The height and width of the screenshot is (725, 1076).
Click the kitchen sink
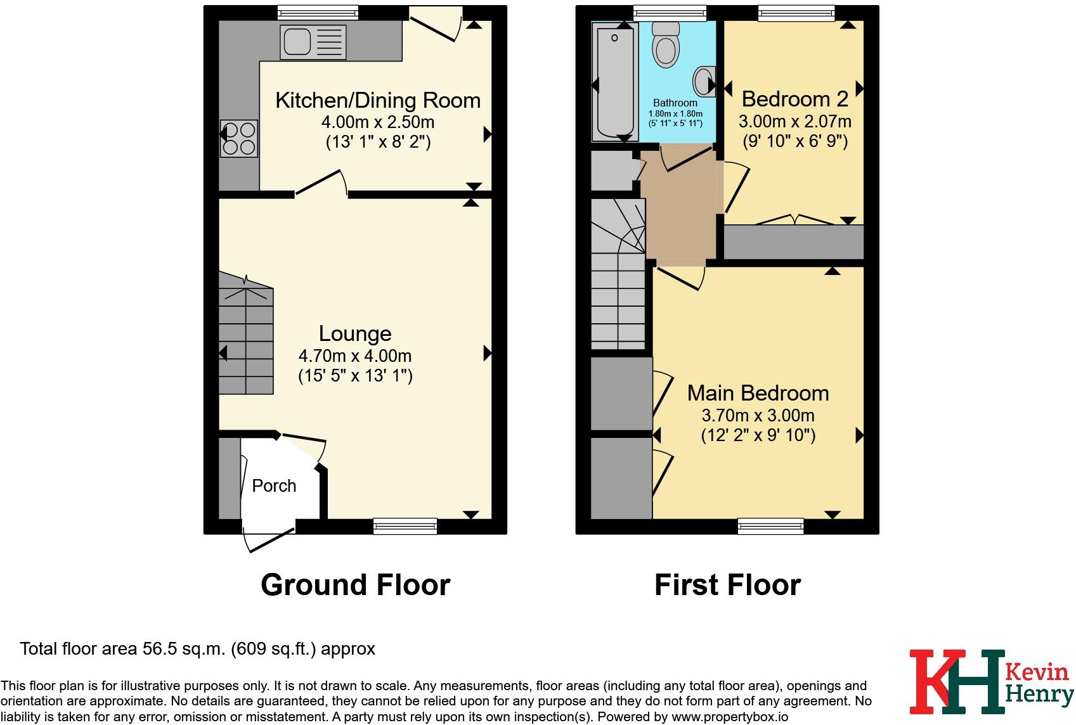pos(313,42)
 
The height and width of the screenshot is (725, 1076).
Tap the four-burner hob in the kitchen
pos(239,138)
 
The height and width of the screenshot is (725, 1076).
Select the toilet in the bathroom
pos(666,44)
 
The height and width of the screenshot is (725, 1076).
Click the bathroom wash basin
pos(704,81)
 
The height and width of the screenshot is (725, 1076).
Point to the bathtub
pos(615,82)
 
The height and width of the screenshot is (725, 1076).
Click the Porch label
pos(274,486)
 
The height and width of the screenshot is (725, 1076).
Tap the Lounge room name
pos(355,334)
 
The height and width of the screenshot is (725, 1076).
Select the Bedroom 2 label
pos(795,99)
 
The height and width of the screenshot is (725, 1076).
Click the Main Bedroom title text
pos(758,393)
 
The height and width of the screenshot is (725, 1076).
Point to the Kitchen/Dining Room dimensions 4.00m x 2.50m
pos(377,122)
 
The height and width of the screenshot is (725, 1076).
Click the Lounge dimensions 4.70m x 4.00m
pos(355,356)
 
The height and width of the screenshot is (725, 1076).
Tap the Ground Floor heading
pos(356,585)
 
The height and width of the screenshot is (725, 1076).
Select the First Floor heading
pos(728,585)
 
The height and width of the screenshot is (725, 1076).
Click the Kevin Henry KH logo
pos(992,681)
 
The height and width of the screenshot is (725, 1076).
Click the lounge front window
pos(405,526)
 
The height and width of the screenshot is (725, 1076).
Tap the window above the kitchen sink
pos(318,13)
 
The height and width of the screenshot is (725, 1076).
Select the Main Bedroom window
pos(770,526)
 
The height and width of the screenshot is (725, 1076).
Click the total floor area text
pos(197,649)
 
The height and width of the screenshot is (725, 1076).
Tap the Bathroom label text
pos(675,103)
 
